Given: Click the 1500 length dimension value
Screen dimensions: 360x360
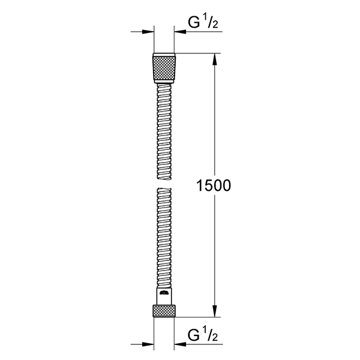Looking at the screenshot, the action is (214, 185).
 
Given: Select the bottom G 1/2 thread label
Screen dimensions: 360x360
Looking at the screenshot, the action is (203, 335).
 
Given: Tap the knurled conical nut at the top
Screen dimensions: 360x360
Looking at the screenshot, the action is (164, 68).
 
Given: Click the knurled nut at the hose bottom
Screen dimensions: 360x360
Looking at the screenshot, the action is (164, 311).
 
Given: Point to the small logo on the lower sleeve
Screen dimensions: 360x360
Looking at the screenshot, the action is (164, 293).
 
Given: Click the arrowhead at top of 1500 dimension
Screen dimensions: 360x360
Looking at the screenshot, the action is (215, 59).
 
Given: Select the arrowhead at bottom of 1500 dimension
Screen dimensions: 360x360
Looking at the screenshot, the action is (215, 311).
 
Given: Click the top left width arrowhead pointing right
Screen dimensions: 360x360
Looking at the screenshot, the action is (148, 32).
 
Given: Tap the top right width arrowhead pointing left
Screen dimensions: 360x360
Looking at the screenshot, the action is (180, 32).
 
